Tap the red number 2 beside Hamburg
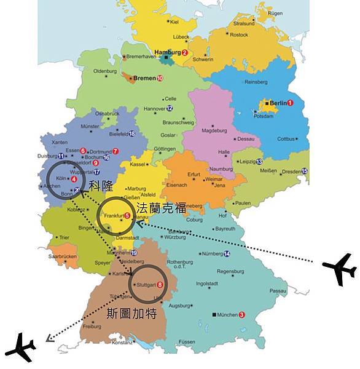pos(184,53)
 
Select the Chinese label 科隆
pos(101,184)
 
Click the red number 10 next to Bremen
pos(160,79)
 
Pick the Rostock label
pos(238,34)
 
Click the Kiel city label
pos(174,22)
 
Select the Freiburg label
pos(92,327)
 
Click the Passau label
pos(278,290)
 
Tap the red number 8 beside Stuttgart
pos(160,285)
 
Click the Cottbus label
pos(286,139)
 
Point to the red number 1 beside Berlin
pos(291,102)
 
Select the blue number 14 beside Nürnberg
pos(227,253)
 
